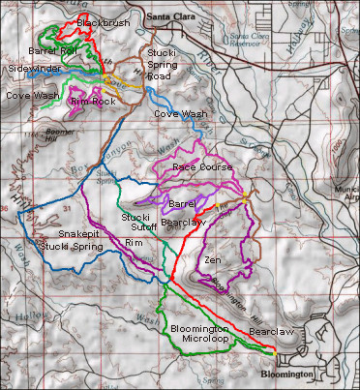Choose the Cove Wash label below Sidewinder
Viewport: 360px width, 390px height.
point(31,96)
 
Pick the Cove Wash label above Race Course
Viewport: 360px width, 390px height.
point(179,113)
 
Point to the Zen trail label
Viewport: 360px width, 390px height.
point(213,261)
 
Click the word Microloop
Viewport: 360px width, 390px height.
point(199,340)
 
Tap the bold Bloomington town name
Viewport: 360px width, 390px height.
point(287,374)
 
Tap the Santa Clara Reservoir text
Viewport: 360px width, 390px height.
point(250,40)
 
